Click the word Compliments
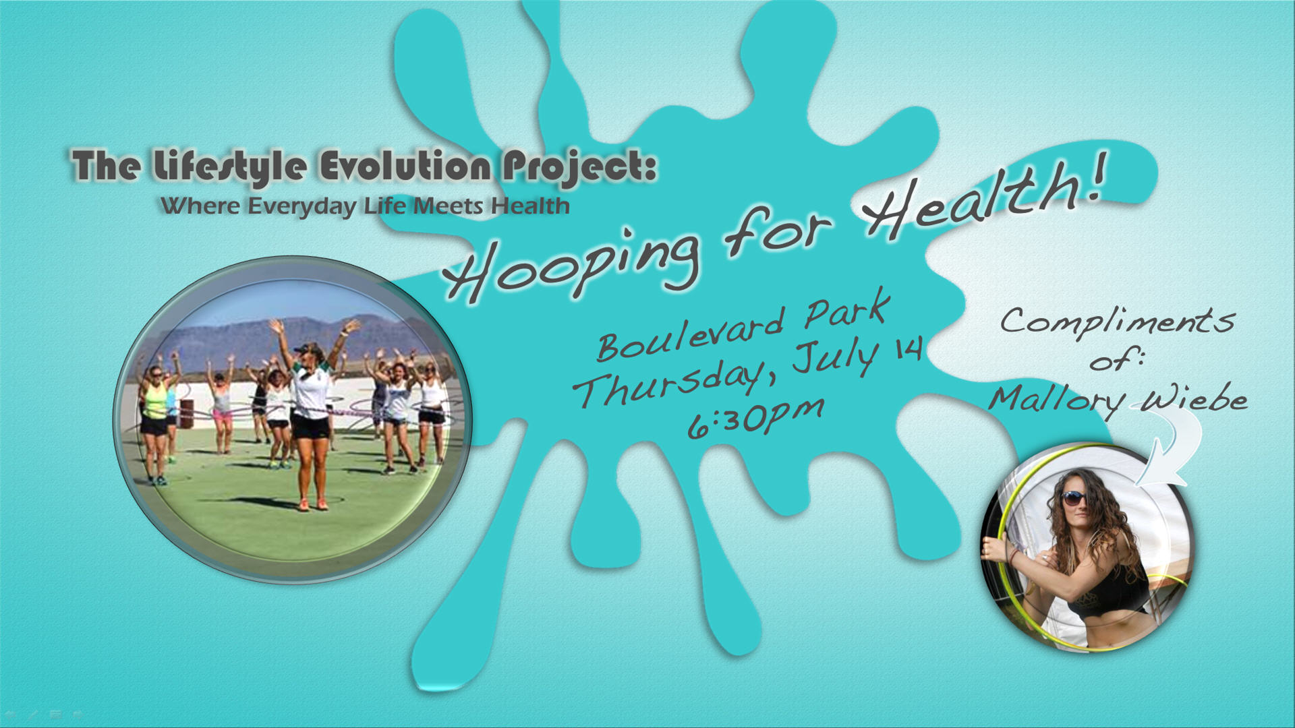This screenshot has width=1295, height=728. pyautogui.click(x=1118, y=320)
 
